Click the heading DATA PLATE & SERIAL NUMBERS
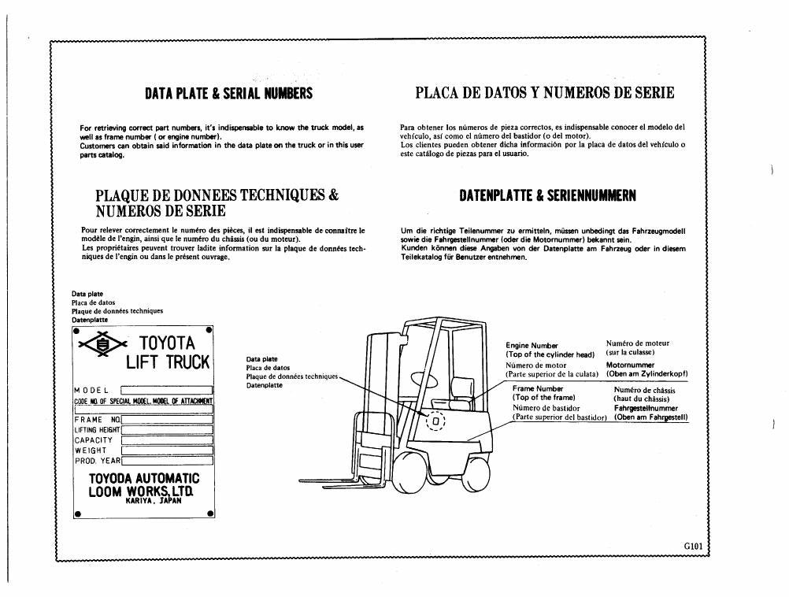pyautogui.click(x=228, y=93)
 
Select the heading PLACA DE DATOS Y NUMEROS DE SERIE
pyautogui.click(x=544, y=93)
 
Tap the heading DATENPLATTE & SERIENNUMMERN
pyautogui.click(x=547, y=195)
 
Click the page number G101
pyautogui.click(x=693, y=546)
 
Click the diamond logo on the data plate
pyautogui.click(x=102, y=344)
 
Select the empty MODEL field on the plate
pyautogui.click(x=167, y=390)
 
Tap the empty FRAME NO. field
pyautogui.click(x=167, y=420)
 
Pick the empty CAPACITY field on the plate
pyautogui.click(x=167, y=440)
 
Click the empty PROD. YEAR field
pyautogui.click(x=167, y=461)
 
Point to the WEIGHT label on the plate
pyautogui.click(x=91, y=451)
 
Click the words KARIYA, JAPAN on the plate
pyautogui.click(x=154, y=501)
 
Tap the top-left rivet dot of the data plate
pyautogui.click(x=76, y=332)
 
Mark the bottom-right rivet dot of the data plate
pyautogui.click(x=210, y=514)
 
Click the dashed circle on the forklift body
pyautogui.click(x=435, y=421)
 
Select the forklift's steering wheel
pyautogui.click(x=423, y=379)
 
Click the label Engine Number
pyautogui.click(x=532, y=345)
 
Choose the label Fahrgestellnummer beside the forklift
pyautogui.click(x=646, y=408)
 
